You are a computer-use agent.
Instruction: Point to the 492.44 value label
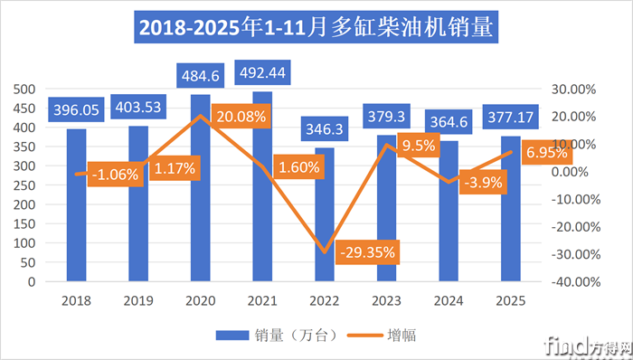point(262,71)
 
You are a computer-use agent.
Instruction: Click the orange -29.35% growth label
point(366,252)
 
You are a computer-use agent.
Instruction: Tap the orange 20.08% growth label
point(241,115)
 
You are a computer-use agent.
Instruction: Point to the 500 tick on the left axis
point(24,89)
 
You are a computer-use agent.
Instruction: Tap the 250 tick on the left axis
point(24,185)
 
